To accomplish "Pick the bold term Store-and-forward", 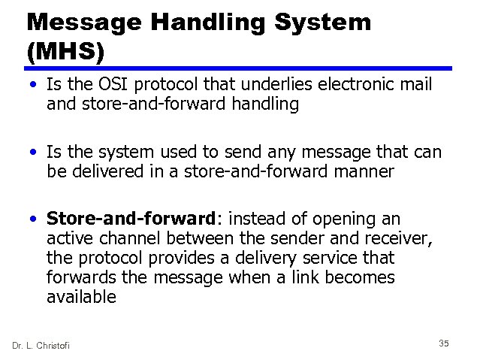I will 131,219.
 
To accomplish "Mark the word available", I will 81,297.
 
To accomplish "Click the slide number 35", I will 443,343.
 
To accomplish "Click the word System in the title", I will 315,22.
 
